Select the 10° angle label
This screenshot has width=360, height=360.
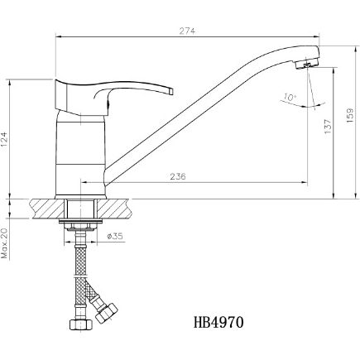click(x=289, y=98)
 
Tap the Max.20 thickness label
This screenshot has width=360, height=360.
click(x=6, y=242)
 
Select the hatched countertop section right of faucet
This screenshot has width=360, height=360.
click(x=120, y=205)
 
